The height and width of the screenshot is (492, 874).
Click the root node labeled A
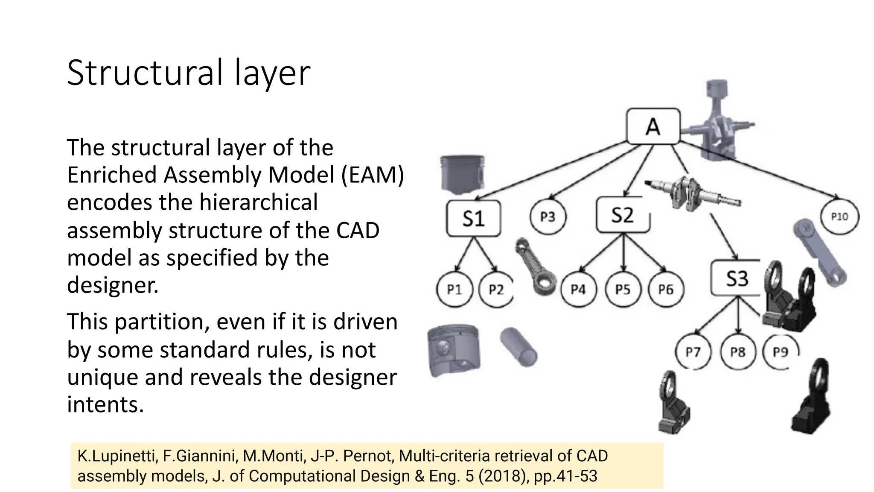pos(653,126)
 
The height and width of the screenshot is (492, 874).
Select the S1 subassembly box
pos(473,218)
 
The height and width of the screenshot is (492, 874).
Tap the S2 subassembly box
pos(623,215)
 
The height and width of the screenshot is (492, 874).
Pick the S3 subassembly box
pos(737,278)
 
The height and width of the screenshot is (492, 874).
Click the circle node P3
pos(548,217)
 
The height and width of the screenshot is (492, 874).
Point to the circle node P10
pos(839,217)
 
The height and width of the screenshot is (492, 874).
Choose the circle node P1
pos(454,290)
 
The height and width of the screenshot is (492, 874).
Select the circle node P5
pos(623,290)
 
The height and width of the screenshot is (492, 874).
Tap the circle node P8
pos(738,352)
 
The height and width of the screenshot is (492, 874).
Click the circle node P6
pos(666,290)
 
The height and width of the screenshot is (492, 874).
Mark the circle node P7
pos(693,352)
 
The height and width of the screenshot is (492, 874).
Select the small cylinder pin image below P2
pos(519,346)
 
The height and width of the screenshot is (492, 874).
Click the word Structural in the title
pos(145,73)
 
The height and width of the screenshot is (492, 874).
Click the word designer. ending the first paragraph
pos(113,285)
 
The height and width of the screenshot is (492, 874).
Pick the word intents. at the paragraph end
pos(105,404)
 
